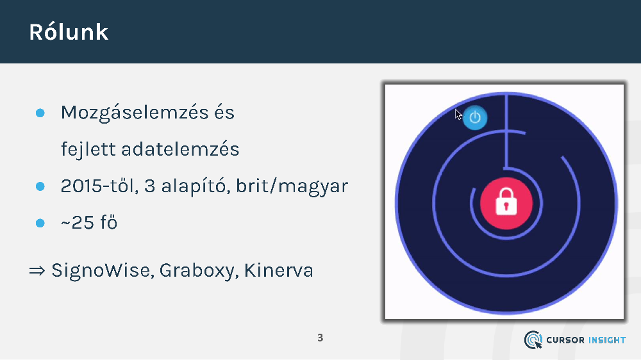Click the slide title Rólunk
(69, 32)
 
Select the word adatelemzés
(180, 149)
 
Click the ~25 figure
(78, 223)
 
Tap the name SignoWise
(103, 271)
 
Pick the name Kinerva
(279, 270)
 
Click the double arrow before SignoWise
(37, 270)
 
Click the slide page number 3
(320, 338)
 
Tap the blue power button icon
(475, 118)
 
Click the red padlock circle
(506, 203)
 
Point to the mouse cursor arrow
(458, 115)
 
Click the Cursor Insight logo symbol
(533, 340)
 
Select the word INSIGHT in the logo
(606, 340)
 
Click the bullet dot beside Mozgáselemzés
(40, 113)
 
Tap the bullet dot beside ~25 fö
(40, 223)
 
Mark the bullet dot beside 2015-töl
(40, 186)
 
